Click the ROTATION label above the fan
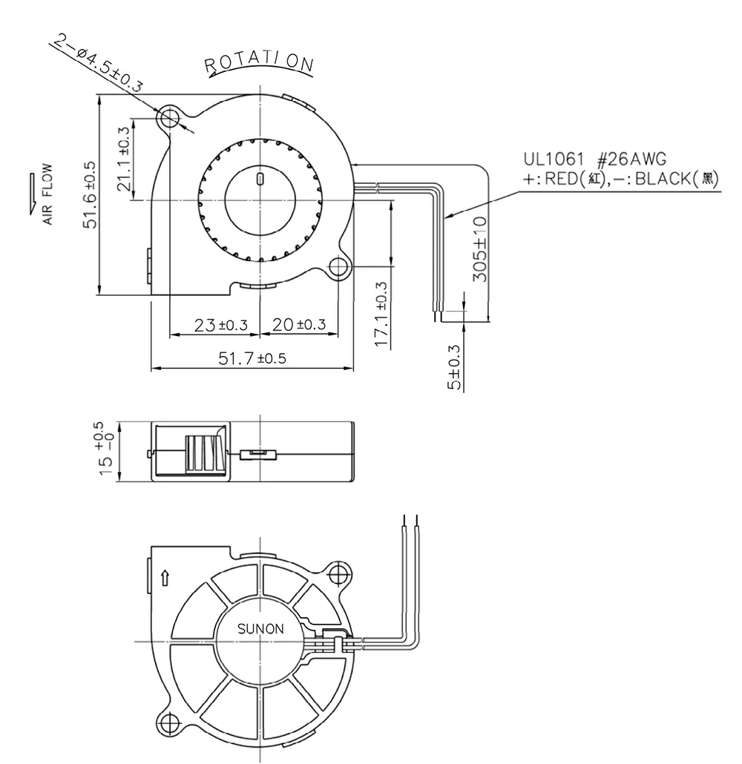pos(260,65)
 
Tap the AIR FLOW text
pos(47,194)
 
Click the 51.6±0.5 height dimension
pos(90,194)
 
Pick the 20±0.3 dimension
pos(299,325)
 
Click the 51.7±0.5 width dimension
pos(252,358)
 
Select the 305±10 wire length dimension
pos(481,249)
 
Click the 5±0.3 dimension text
pos(455,367)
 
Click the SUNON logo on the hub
pos(260,629)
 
